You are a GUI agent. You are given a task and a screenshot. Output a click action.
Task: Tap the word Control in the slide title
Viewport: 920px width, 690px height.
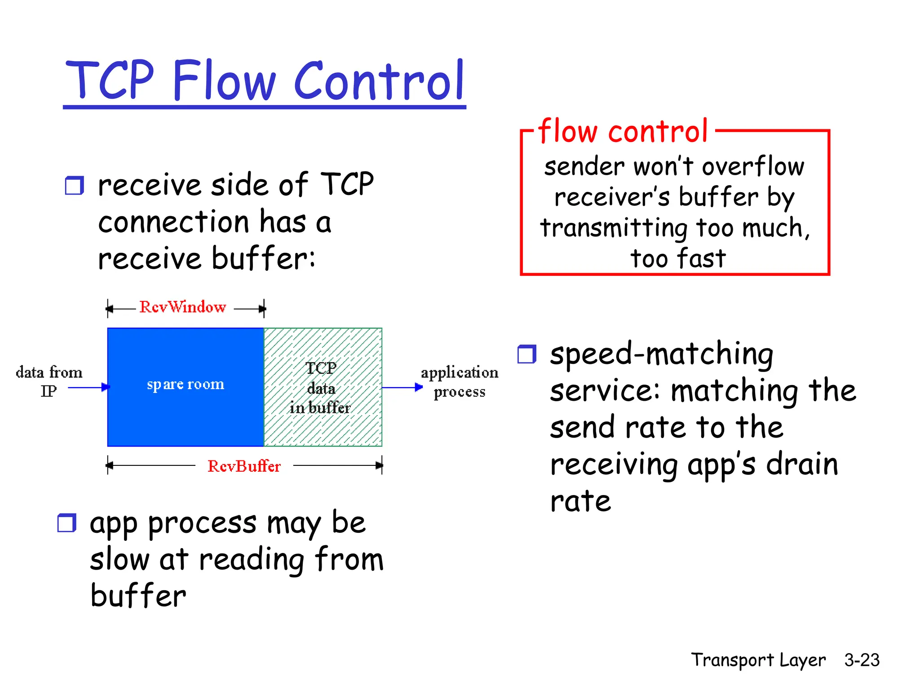click(379, 81)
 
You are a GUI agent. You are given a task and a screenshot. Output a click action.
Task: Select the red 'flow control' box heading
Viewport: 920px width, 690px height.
click(623, 131)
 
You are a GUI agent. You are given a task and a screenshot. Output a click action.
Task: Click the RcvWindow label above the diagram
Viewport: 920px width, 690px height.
click(183, 307)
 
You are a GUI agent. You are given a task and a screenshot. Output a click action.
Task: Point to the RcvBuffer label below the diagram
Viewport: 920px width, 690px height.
click(244, 466)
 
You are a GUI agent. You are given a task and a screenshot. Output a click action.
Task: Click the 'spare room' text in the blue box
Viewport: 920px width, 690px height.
click(186, 385)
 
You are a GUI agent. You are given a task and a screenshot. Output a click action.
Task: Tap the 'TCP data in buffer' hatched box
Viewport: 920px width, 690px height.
click(323, 387)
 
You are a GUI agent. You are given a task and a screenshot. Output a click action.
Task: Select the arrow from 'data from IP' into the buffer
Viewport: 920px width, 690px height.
click(88, 387)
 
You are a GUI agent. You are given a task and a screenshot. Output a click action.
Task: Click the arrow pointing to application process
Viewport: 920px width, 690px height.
click(402, 387)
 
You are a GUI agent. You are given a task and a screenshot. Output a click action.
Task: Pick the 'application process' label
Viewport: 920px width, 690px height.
click(459, 382)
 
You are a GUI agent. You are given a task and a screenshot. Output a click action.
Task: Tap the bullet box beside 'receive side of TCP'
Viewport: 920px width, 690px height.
click(74, 186)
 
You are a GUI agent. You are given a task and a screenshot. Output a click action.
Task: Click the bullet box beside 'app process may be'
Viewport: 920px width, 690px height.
click(67, 523)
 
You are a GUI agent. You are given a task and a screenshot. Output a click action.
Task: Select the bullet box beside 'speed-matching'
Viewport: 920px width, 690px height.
click(526, 354)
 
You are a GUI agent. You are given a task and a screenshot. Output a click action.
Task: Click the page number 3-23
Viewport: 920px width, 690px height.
click(861, 660)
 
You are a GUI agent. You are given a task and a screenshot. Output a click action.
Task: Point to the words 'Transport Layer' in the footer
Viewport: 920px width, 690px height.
click(758, 660)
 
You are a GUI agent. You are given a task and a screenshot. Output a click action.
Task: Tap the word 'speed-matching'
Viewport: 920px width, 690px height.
click(661, 354)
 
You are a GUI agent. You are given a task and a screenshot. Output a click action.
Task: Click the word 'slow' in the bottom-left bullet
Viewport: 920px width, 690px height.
click(119, 560)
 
